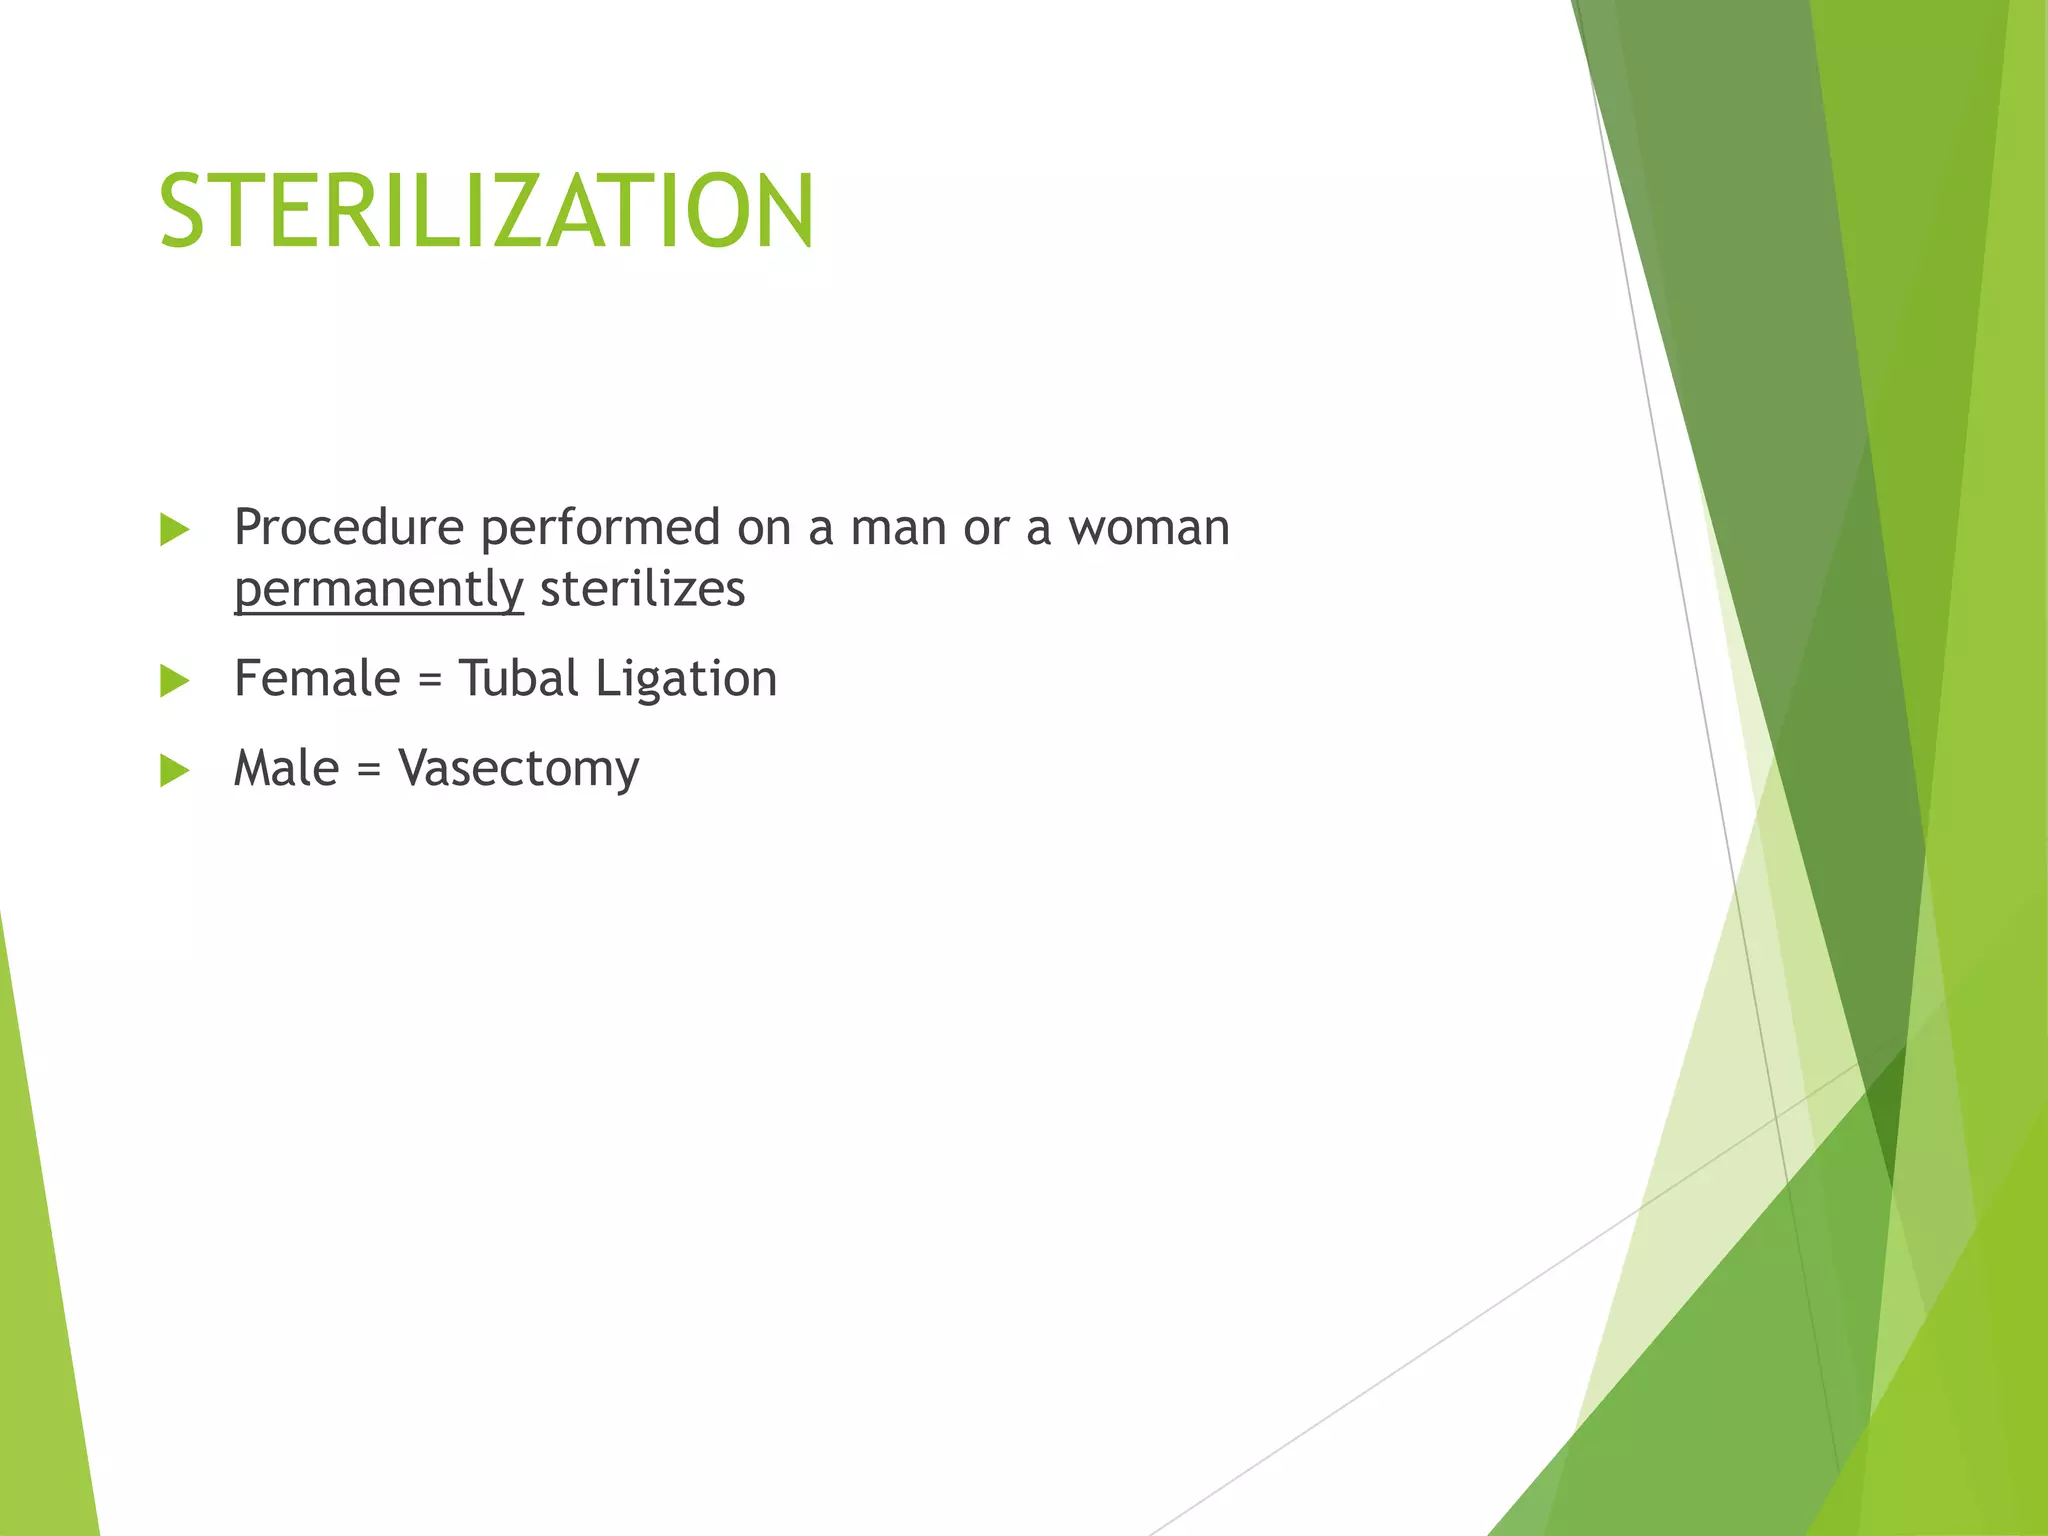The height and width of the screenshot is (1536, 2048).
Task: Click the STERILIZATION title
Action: (x=486, y=211)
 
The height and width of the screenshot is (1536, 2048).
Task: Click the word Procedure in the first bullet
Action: (x=348, y=527)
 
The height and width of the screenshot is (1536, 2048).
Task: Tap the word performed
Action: (x=600, y=529)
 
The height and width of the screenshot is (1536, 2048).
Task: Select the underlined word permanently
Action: (x=378, y=589)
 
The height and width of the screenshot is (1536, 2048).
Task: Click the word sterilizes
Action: (x=642, y=588)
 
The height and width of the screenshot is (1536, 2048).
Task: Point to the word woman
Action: (x=1149, y=527)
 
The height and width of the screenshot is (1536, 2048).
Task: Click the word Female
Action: (x=316, y=678)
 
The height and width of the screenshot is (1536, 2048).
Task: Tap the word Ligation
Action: (x=686, y=680)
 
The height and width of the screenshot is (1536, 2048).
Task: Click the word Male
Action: (x=286, y=768)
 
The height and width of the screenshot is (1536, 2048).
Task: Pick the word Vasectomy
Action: (x=518, y=770)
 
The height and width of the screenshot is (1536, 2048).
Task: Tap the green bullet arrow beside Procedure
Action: (x=174, y=530)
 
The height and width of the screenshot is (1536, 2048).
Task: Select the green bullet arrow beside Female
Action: (x=174, y=681)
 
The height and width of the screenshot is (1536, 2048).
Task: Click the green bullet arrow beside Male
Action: (x=174, y=771)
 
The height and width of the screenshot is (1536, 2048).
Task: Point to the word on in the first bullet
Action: (x=764, y=529)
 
